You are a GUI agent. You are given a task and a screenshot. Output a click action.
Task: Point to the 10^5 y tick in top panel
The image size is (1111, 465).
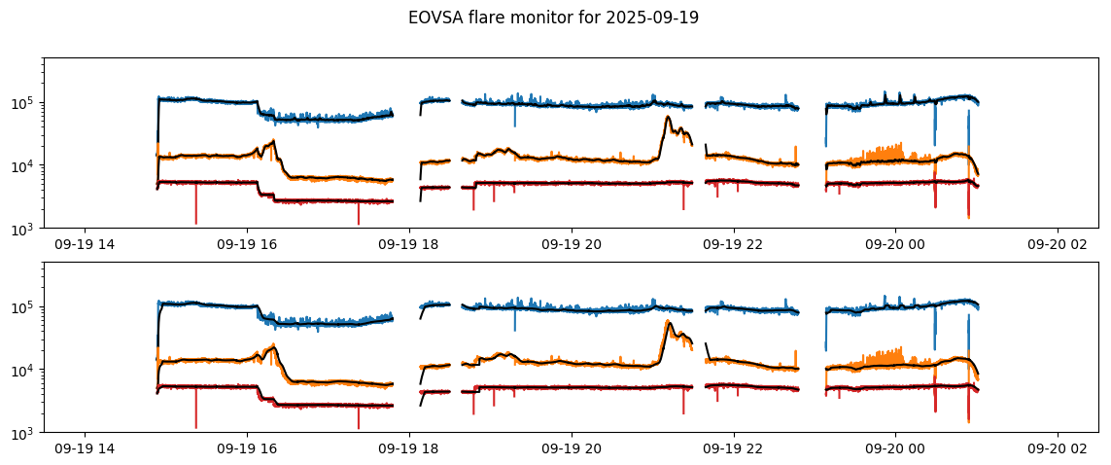pyautogui.click(x=26, y=103)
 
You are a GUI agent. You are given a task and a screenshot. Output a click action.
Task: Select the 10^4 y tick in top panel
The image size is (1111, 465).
pyautogui.click(x=26, y=166)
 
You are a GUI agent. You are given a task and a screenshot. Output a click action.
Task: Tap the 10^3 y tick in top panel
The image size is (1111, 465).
pyautogui.click(x=26, y=229)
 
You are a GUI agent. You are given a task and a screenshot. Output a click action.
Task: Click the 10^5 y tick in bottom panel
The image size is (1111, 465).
pyautogui.click(x=26, y=307)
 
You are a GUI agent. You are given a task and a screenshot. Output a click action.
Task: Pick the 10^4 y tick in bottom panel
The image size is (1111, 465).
pyautogui.click(x=26, y=371)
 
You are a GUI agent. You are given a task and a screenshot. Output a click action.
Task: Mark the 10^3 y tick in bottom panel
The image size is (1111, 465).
pyautogui.click(x=26, y=433)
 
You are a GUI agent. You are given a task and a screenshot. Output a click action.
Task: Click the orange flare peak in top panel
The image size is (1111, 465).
pyautogui.click(x=669, y=118)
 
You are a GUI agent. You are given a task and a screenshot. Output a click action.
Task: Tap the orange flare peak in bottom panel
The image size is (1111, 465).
pyautogui.click(x=669, y=322)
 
